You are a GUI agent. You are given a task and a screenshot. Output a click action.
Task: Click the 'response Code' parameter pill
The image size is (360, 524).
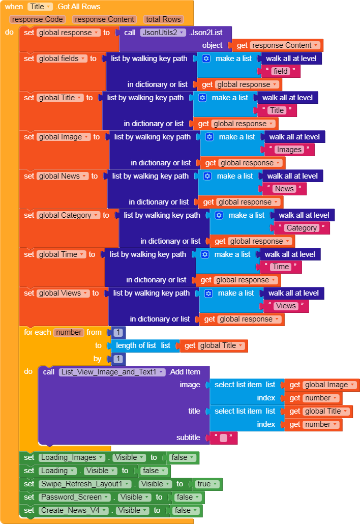point(38,19)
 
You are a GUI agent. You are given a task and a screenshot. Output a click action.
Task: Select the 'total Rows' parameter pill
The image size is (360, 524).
point(163,19)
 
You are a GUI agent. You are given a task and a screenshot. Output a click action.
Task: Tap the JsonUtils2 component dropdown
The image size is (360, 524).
point(163,33)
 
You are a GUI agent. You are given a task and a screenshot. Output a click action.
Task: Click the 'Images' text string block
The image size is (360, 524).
point(289,150)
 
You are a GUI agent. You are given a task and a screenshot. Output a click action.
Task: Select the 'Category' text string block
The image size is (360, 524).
point(302,228)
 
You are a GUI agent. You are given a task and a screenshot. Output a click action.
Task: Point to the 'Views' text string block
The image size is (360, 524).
point(286,306)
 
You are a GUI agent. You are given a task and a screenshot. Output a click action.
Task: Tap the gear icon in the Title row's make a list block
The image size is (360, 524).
point(202,98)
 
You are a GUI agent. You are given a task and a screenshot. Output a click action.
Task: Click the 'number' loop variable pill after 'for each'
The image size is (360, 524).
point(69,332)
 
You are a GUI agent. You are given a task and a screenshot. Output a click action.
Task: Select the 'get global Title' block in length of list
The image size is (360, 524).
point(214,345)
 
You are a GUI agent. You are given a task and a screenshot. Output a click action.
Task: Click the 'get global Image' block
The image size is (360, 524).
point(322,385)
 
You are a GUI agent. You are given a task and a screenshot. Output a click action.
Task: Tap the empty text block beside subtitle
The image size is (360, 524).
point(223,438)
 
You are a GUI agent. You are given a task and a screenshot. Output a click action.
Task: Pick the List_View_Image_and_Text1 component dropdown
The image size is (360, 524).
point(113,372)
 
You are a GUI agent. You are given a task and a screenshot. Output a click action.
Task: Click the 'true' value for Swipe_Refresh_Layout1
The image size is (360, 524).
point(207,484)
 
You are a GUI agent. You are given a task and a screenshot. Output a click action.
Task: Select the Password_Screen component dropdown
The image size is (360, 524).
point(75,497)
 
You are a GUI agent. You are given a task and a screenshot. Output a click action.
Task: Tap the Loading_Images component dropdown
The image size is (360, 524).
point(73,457)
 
